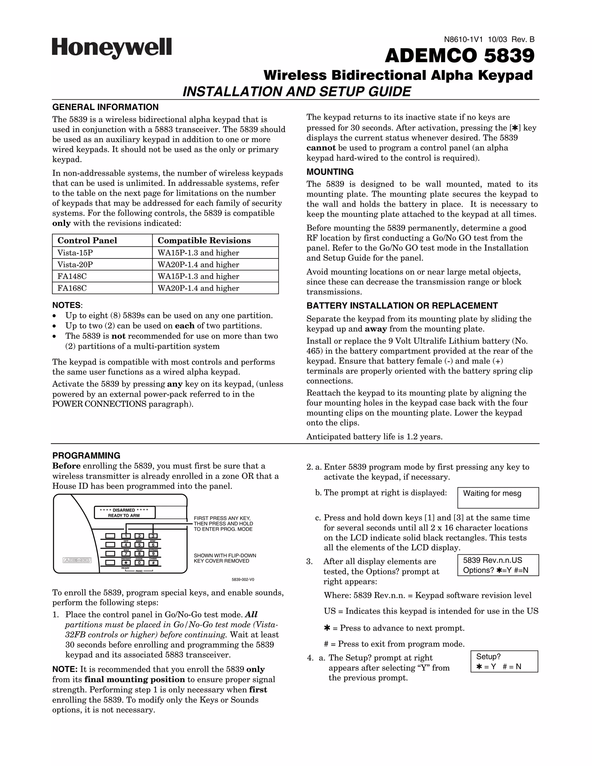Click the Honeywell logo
[x=112, y=48]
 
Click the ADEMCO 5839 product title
[x=459, y=56]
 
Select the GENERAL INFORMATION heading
[x=105, y=107]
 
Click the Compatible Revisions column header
[x=204, y=240]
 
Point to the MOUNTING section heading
[x=330, y=172]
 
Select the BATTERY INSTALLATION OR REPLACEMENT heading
[x=402, y=306]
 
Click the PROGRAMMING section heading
[x=86, y=456]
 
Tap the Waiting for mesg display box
[x=498, y=497]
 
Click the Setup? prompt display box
[x=504, y=661]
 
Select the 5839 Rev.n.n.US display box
[x=498, y=565]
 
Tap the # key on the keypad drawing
[x=153, y=563]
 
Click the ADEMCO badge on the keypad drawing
[x=77, y=560]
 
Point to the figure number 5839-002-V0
[x=243, y=579]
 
